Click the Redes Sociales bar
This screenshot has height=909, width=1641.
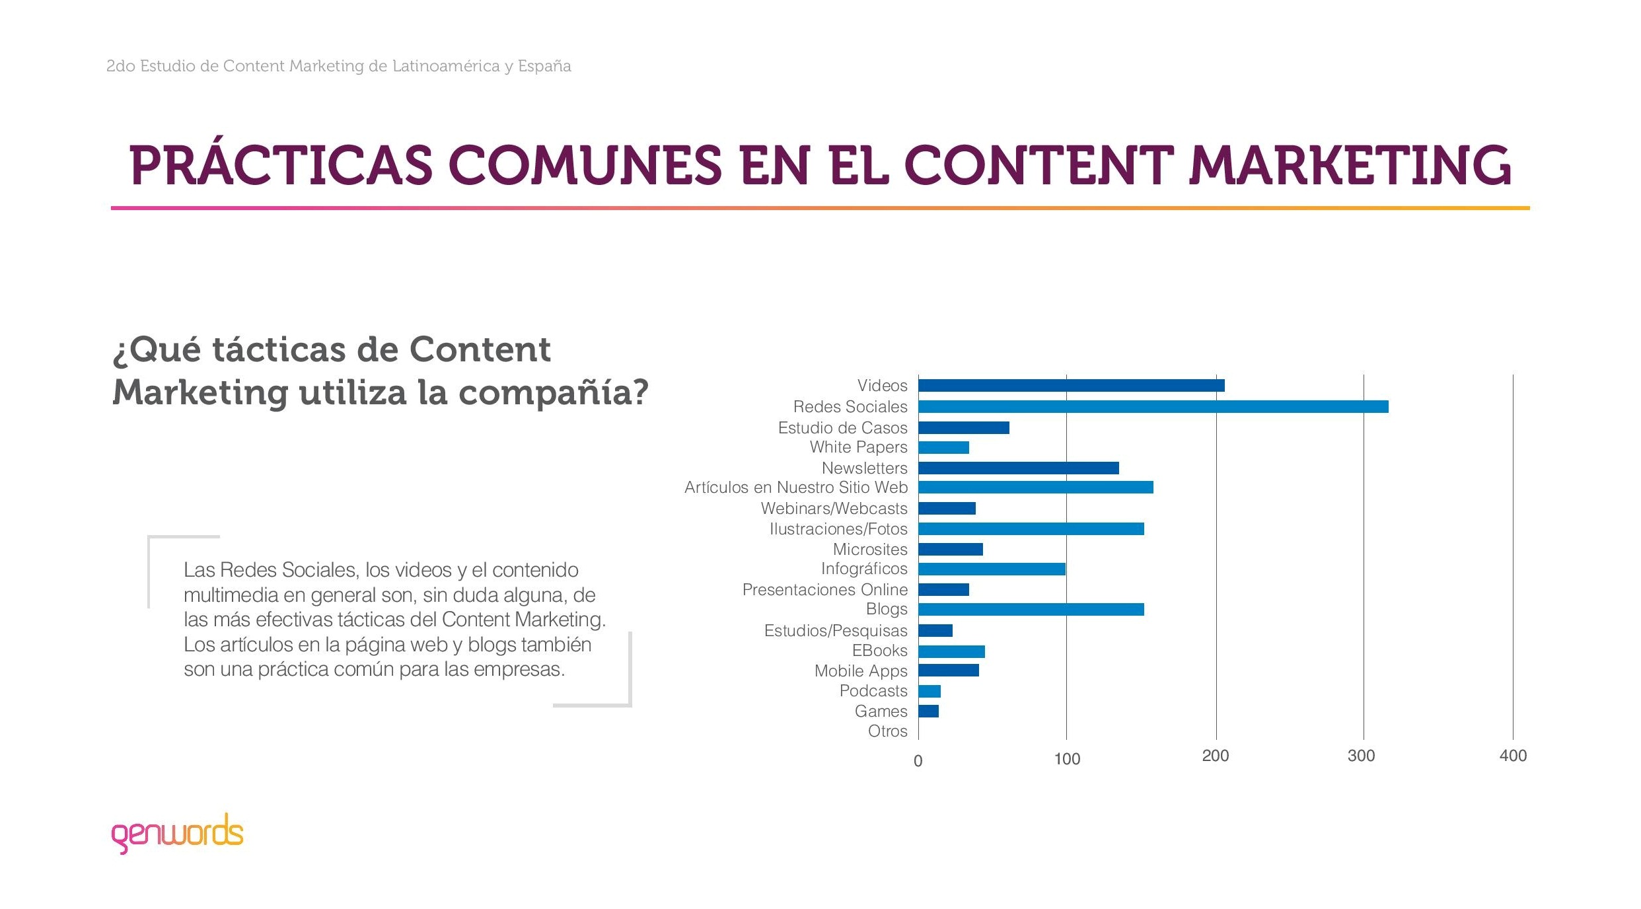[x=1153, y=407]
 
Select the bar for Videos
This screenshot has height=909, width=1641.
[x=1071, y=386]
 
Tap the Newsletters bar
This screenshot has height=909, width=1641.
[x=1018, y=468]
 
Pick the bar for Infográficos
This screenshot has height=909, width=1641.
[x=992, y=569]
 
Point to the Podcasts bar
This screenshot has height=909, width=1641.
[x=930, y=692]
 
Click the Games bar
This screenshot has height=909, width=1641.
[x=928, y=711]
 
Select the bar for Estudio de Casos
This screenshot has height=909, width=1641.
[x=963, y=428]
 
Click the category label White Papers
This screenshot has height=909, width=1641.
[x=858, y=447]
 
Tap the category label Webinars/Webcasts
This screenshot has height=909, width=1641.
[x=834, y=509]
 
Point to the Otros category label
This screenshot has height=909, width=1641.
[x=887, y=731]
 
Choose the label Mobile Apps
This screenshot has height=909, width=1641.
[x=860, y=671]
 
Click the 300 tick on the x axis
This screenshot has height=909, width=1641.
[x=1361, y=756]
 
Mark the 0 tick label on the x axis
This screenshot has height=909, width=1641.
[x=918, y=761]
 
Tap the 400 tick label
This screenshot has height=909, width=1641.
[x=1513, y=756]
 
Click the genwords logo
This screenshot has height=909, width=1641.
[x=177, y=833]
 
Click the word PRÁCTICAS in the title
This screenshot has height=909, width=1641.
[x=281, y=165]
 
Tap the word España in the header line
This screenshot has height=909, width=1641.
[x=544, y=66]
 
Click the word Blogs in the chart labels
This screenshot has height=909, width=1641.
[x=887, y=609]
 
